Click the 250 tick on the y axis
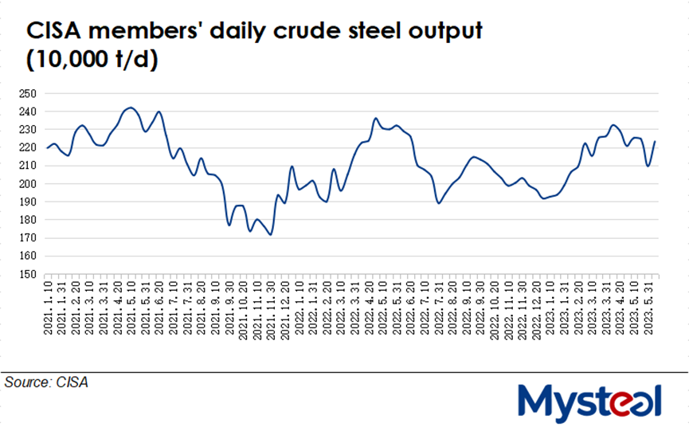coord(28,93)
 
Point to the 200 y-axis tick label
coord(28,184)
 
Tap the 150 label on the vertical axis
coord(28,274)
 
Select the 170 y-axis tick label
coord(28,238)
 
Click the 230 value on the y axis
coord(28,130)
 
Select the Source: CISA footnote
coord(46,382)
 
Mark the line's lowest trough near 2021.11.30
coord(271,235)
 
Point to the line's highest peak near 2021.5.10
coord(131,107)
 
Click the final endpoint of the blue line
coord(655,142)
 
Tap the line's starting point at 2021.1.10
coord(47,148)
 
